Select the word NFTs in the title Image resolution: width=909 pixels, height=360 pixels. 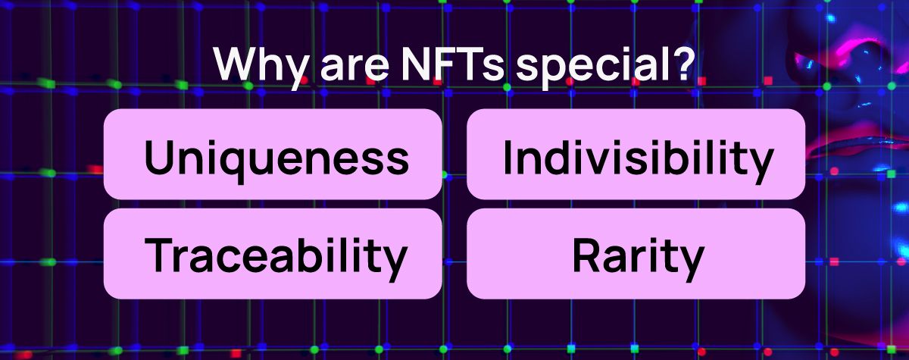pyautogui.click(x=452, y=64)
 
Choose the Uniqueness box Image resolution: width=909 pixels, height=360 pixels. pyautogui.click(x=273, y=154)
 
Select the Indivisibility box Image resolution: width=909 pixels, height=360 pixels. pyautogui.click(x=636, y=154)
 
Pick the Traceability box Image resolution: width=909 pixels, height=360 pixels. pyautogui.click(x=273, y=254)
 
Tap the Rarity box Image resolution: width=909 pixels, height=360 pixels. pyautogui.click(x=636, y=254)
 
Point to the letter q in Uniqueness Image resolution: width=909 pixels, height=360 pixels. pyautogui.click(x=230, y=165)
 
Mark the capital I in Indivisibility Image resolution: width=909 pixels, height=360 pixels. pyautogui.click(x=507, y=157)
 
